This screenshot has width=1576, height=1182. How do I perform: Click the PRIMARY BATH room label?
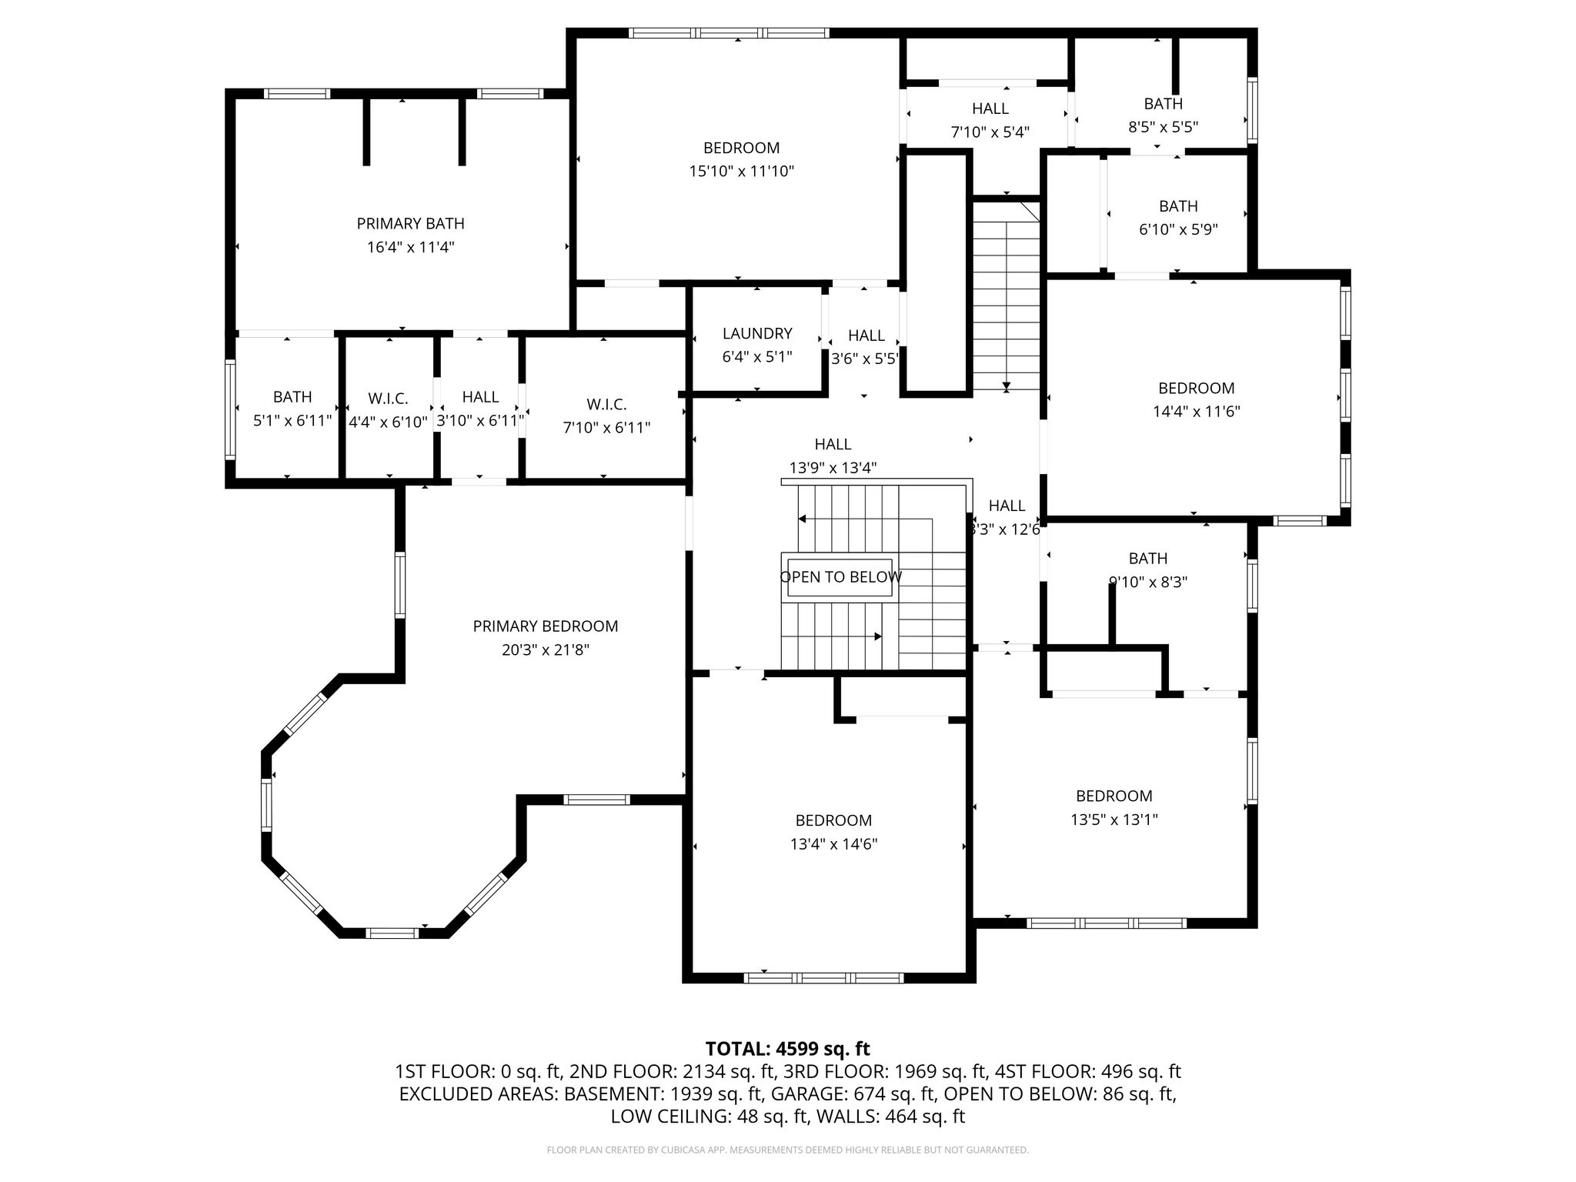410,224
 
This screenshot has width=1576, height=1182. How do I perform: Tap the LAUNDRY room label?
757,333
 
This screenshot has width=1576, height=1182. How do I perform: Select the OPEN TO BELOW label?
841,577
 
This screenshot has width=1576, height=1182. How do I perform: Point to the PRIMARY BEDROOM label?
546,626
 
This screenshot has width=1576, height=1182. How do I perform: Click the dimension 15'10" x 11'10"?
741,171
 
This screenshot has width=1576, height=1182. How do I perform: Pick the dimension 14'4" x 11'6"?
1196,412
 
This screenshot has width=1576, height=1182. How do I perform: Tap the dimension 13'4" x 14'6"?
833,844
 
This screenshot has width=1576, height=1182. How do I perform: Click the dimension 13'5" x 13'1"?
1114,820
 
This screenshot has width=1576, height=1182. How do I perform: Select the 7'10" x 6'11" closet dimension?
606,427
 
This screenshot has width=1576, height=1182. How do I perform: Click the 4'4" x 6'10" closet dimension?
388,422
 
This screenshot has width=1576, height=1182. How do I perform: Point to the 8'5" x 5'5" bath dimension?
1163,127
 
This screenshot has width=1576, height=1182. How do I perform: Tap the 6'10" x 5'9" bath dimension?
1178,229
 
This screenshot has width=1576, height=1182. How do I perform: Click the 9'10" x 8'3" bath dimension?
1147,583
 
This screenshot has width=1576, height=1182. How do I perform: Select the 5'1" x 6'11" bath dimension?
292,420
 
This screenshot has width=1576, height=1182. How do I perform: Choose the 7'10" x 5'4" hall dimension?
990,132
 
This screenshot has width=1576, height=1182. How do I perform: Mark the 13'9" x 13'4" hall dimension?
833,468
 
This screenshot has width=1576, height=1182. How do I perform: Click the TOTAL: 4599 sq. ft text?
787,1049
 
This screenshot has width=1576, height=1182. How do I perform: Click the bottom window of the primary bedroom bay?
392,933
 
